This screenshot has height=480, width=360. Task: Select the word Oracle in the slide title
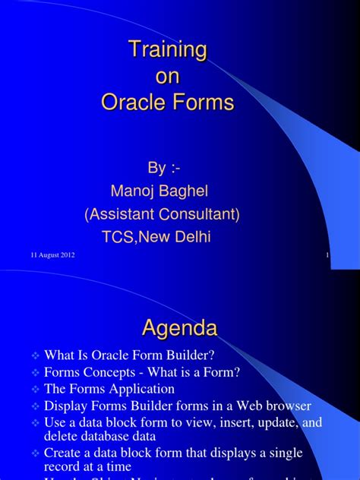coord(137,103)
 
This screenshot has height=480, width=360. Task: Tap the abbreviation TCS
coord(118,237)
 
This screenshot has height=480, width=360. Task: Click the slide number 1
coord(327,255)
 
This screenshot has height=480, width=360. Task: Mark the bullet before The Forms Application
coord(36,390)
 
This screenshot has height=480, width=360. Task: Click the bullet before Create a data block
coord(36,453)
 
